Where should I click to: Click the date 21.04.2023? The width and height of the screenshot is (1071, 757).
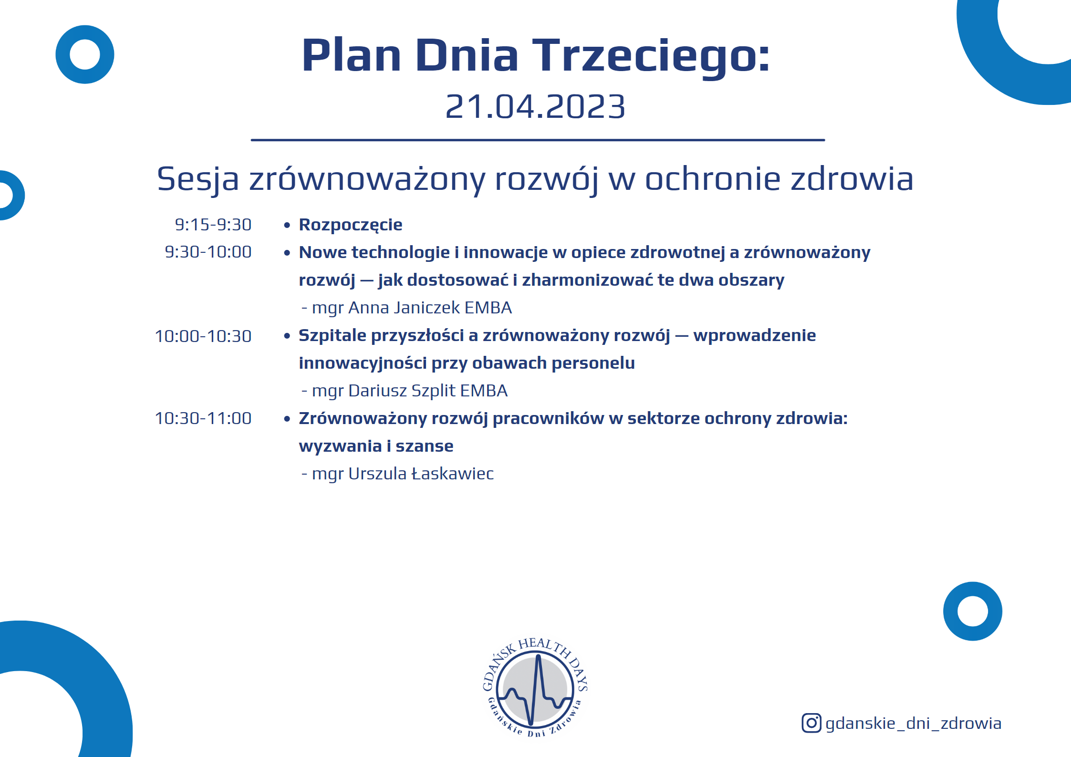[535, 106]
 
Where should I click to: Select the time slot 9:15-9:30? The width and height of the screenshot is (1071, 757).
[213, 225]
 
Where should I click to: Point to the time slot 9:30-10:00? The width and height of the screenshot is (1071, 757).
[208, 252]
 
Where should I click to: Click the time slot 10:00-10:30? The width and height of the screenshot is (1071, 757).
[203, 336]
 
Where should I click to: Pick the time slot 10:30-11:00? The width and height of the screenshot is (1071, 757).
[203, 418]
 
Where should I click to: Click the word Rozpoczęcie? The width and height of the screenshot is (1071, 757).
[351, 225]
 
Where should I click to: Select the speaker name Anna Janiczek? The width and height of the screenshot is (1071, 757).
[404, 308]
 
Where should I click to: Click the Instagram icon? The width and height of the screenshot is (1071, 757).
[811, 723]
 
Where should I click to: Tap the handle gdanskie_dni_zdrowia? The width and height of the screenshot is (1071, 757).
[913, 724]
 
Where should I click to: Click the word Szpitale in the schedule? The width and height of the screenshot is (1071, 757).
[333, 336]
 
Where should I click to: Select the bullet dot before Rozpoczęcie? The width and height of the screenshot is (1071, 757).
[287, 225]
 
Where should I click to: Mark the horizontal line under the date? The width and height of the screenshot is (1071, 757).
[538, 140]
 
